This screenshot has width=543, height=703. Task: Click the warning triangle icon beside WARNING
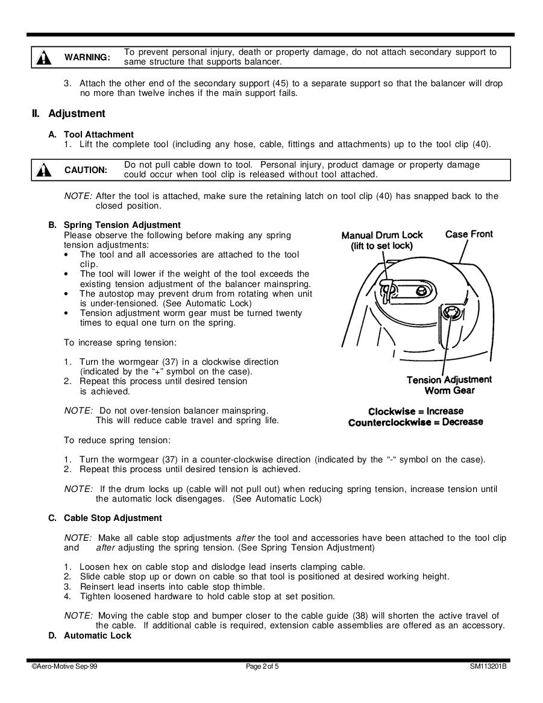(x=44, y=57)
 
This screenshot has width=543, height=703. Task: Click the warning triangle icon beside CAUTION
(x=44, y=171)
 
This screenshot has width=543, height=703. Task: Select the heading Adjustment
(x=77, y=113)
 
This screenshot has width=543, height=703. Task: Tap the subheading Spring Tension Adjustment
(x=122, y=225)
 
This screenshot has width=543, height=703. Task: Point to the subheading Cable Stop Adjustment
(x=113, y=518)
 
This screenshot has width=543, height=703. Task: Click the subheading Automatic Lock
(x=97, y=635)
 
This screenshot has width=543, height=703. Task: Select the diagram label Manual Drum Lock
(x=382, y=235)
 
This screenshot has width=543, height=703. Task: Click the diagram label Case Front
(x=469, y=234)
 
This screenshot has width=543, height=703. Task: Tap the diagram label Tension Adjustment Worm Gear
(x=449, y=385)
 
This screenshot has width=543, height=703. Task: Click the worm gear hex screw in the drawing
(x=451, y=312)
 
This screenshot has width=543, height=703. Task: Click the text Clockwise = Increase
(x=416, y=411)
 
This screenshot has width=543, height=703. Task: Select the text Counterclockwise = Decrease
(x=415, y=422)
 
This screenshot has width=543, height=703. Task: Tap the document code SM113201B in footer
(x=488, y=666)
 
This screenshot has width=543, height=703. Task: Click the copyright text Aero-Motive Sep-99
(x=64, y=666)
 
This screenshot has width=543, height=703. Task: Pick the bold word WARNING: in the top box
(x=87, y=57)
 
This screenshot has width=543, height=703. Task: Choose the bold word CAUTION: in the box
(x=86, y=171)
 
